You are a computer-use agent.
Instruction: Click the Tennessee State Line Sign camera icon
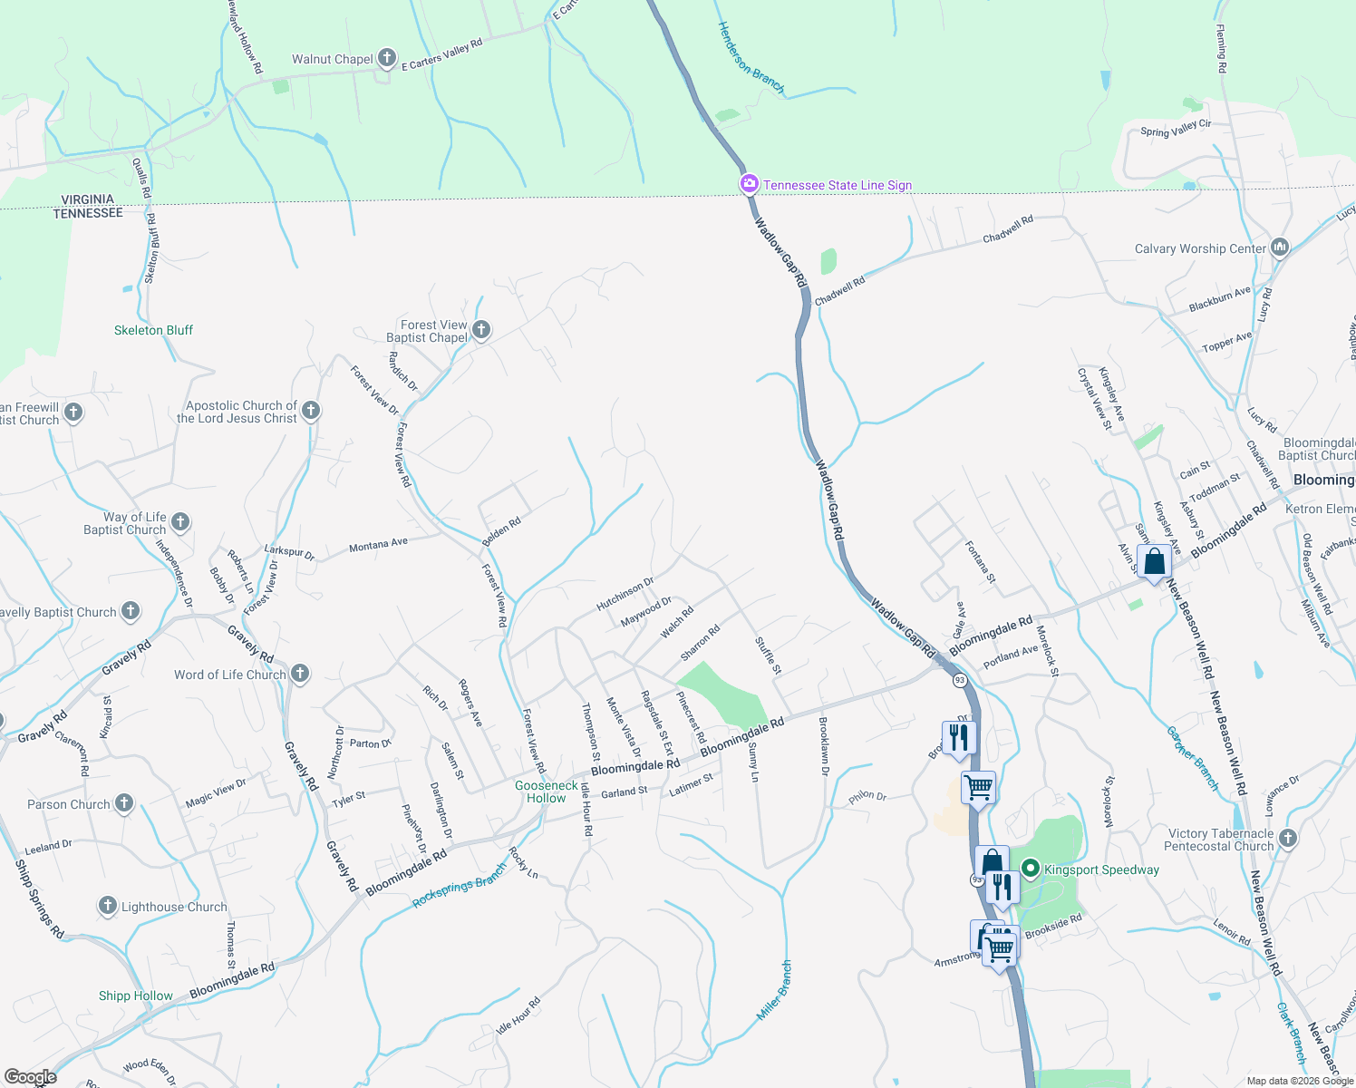coord(749,185)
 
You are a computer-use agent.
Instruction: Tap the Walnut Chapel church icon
coord(387,60)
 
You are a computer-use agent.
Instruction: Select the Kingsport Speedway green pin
coord(1030,869)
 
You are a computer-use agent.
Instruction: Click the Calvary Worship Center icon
coord(1280,248)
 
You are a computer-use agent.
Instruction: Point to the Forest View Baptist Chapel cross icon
coord(481,330)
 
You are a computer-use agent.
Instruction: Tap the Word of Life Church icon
coord(300,674)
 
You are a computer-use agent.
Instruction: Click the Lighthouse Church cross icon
coord(108,906)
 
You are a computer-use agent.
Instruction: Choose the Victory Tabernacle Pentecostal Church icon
coord(1288,839)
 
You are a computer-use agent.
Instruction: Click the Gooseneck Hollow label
coord(547,792)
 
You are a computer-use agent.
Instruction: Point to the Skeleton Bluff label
coord(153,330)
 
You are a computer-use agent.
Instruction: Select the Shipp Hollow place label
coord(135,996)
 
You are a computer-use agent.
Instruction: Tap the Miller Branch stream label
coord(774,990)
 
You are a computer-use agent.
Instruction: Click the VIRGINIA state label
coord(88,199)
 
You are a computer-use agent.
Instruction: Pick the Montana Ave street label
coord(378,545)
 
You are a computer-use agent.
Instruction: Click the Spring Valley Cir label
coord(1176,129)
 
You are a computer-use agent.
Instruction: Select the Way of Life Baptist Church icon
coord(180,521)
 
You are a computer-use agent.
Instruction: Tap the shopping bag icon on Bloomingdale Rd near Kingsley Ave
coord(1154,563)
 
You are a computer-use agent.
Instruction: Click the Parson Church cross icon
coord(124,803)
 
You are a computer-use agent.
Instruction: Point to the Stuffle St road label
coord(768,655)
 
